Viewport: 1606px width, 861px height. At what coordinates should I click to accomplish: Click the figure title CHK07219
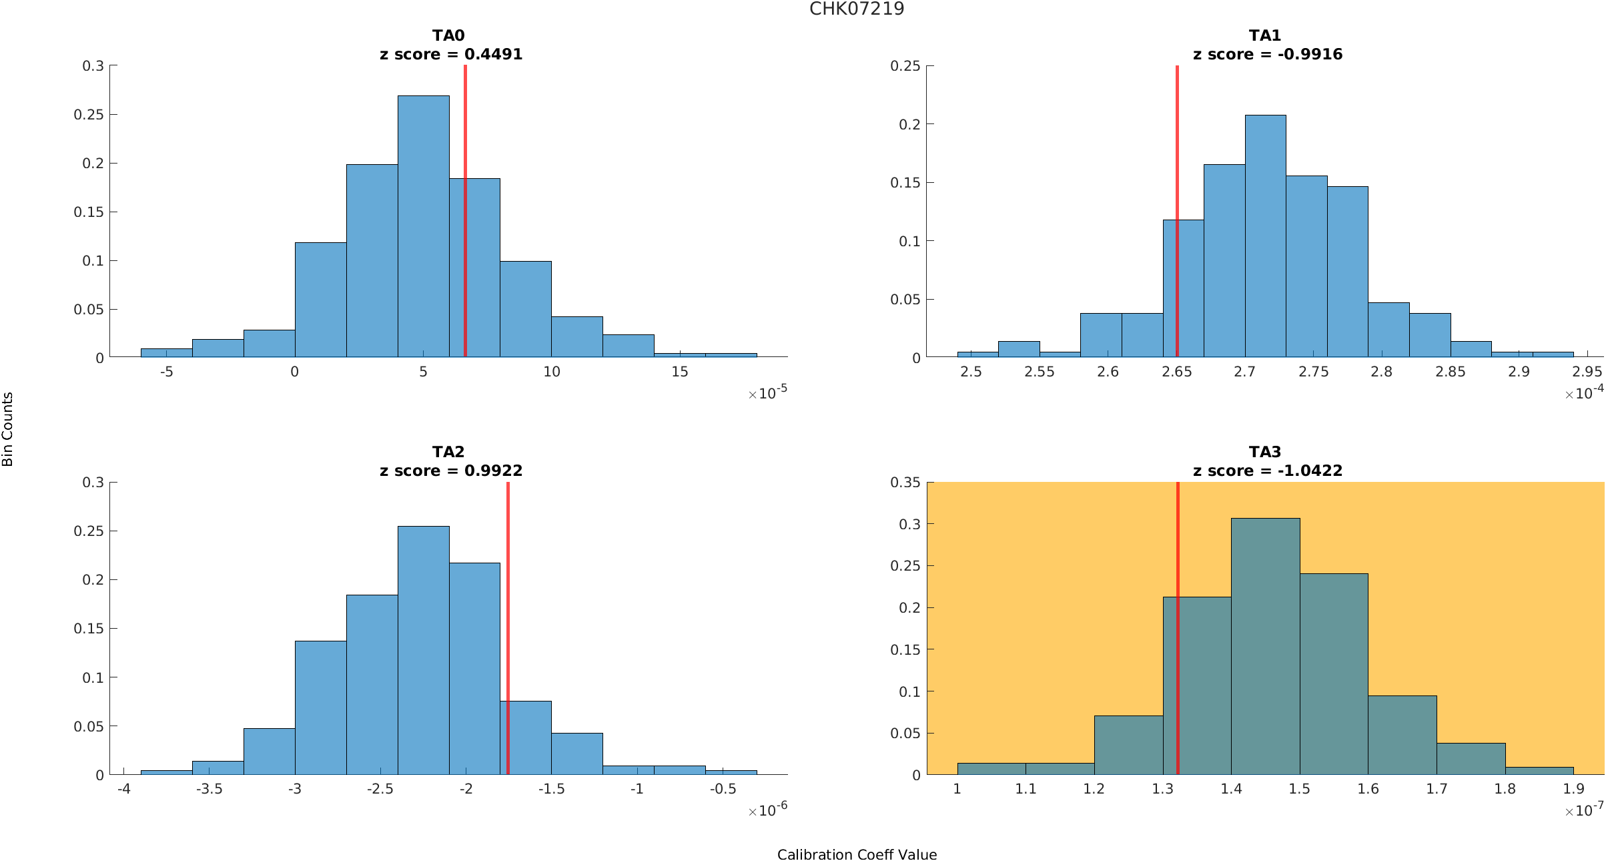[x=857, y=9]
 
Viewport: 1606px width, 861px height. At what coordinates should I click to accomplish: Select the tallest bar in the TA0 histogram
[x=423, y=227]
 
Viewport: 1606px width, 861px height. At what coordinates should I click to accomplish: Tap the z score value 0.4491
[x=493, y=55]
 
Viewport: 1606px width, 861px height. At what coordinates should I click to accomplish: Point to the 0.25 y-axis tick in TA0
[x=89, y=115]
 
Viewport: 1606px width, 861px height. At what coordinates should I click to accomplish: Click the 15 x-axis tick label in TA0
[x=679, y=372]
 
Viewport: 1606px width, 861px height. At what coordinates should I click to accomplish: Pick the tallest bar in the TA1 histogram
[x=1265, y=236]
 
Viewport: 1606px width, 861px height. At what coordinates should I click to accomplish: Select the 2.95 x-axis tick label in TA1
[x=1587, y=372]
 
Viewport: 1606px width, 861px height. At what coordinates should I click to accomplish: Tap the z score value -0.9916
[x=1310, y=55]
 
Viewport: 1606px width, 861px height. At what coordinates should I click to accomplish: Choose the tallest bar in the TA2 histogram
[x=423, y=651]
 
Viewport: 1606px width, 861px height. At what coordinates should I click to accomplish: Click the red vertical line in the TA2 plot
[x=508, y=627]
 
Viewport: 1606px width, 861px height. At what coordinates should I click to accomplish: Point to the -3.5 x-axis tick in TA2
[x=209, y=789]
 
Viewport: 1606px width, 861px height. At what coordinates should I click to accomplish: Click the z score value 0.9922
[x=493, y=471]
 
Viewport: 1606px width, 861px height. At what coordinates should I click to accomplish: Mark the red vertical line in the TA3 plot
[x=1178, y=627]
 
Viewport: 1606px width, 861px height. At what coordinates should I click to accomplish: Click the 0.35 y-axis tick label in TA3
[x=905, y=483]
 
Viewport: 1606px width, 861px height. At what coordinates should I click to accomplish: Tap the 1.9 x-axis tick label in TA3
[x=1573, y=789]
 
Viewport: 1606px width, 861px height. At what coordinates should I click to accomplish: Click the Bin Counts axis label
[x=8, y=428]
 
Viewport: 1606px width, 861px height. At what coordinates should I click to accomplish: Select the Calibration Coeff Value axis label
[x=857, y=855]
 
